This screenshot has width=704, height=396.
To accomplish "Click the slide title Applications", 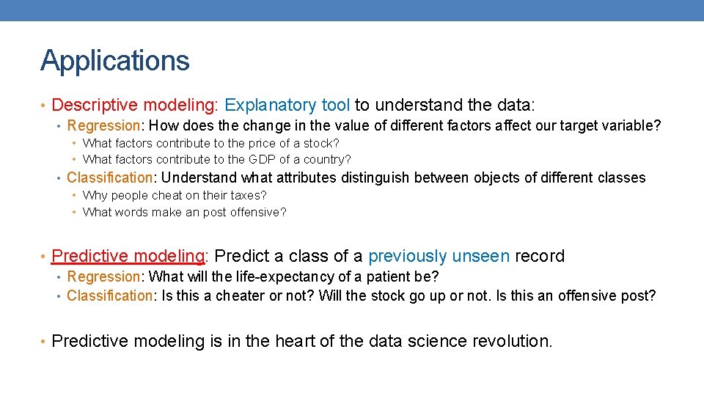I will pyautogui.click(x=115, y=60).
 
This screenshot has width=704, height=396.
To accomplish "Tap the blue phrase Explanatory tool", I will pyautogui.click(x=287, y=106).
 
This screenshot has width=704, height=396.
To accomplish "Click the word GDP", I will pyautogui.click(x=262, y=159).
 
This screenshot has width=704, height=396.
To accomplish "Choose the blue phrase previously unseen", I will pyautogui.click(x=439, y=256).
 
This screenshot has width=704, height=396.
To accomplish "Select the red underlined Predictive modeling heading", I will pyautogui.click(x=128, y=256).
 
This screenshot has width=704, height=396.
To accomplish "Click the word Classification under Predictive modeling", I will pyautogui.click(x=108, y=296).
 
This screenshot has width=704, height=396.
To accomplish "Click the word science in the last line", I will pyautogui.click(x=439, y=341).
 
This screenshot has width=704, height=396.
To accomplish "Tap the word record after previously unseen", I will pyautogui.click(x=540, y=256).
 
